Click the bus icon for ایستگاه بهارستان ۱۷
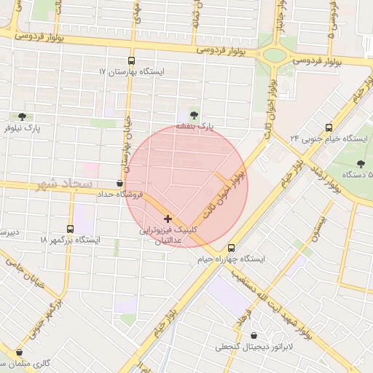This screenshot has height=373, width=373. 131,61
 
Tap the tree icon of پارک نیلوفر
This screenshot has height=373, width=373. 22,116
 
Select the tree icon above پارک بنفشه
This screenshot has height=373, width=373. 193,114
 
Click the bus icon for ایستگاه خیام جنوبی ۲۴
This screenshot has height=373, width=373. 329,127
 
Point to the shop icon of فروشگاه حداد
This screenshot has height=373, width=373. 119,184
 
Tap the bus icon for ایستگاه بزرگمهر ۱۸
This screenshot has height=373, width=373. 70,228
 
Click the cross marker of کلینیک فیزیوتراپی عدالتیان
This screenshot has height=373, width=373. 168,218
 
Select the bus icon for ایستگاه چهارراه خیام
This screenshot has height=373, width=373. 232,248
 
